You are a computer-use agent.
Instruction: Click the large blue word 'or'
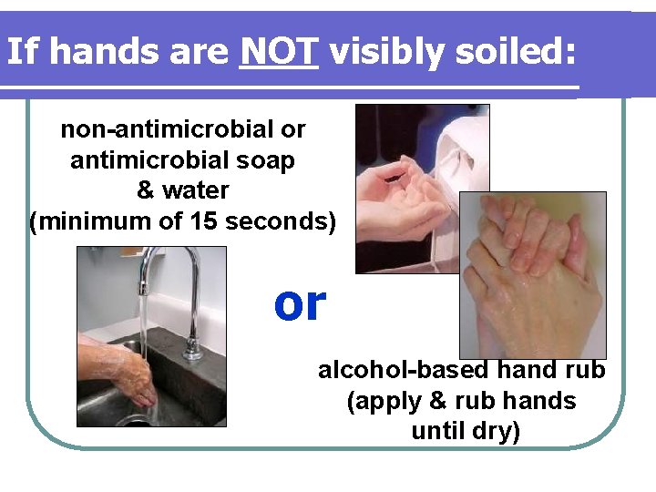(x=300, y=303)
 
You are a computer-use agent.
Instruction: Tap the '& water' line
(x=182, y=190)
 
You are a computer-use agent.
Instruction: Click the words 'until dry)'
(x=466, y=430)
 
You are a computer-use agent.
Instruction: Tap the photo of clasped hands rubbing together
(x=532, y=274)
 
